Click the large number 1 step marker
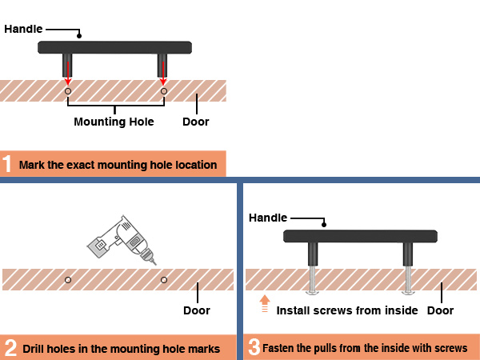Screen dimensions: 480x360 (6, 164)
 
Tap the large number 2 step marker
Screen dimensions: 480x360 (10, 348)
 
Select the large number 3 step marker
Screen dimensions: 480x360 (254, 347)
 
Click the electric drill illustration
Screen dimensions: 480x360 (122, 240)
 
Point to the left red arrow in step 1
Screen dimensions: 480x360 (68, 73)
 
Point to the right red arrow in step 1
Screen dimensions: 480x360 (163, 73)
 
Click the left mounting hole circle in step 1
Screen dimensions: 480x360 (68, 91)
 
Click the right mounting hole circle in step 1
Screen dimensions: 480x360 (164, 91)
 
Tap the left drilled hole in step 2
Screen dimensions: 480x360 (68, 280)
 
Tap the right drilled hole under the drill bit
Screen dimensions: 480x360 (164, 280)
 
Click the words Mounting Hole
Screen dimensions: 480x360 (114, 122)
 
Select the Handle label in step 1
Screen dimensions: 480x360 (23, 29)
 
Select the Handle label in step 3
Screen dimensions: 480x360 (268, 218)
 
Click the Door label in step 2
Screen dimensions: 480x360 (197, 310)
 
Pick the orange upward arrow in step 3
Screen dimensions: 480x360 (265, 303)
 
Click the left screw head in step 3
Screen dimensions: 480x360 (313, 293)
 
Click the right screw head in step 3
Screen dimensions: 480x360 (408, 293)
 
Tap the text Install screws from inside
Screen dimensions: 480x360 (347, 310)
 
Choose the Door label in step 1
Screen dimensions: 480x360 (196, 122)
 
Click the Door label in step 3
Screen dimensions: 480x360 (440, 310)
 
